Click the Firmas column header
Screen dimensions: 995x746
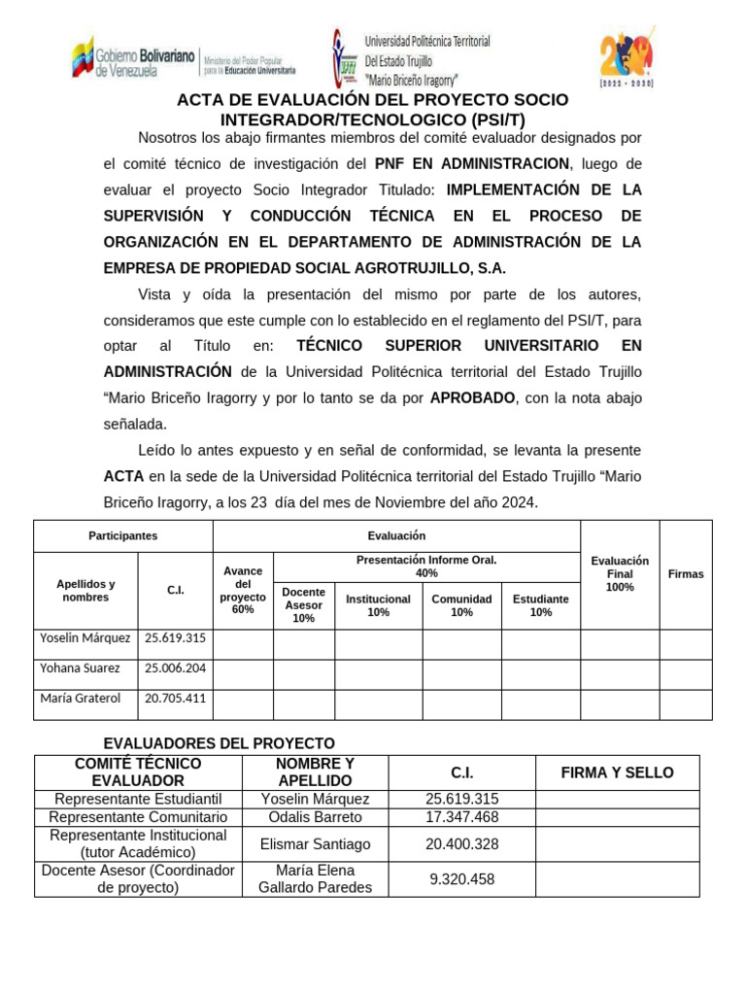686,574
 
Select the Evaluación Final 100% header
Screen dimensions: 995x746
620,574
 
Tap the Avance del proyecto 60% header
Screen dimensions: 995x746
243,590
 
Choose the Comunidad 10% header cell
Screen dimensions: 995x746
461,605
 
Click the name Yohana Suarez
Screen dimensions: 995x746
80,668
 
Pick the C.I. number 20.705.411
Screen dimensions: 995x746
175,698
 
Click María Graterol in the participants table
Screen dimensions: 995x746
81,698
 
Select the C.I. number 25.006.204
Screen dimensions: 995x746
175,668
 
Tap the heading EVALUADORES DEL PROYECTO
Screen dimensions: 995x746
219,743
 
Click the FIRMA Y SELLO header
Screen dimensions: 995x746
617,772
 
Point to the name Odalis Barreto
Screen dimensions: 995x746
315,817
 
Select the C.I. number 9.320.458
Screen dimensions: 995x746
461,879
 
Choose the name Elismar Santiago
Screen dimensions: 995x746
315,844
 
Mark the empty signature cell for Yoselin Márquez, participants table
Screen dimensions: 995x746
686,638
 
